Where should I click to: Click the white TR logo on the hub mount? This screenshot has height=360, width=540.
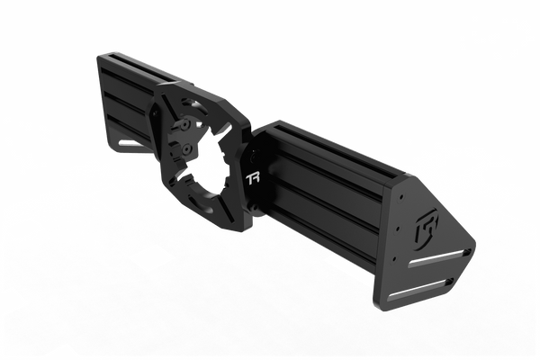[253, 178]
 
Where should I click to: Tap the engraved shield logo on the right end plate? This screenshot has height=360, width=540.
[427, 228]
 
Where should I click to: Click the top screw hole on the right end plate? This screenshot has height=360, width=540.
[401, 197]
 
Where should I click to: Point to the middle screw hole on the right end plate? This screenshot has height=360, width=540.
[398, 228]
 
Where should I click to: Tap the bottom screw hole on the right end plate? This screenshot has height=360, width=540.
[394, 258]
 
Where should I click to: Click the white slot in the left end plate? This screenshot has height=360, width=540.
[130, 143]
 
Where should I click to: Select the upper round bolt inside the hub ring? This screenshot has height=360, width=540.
[186, 124]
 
